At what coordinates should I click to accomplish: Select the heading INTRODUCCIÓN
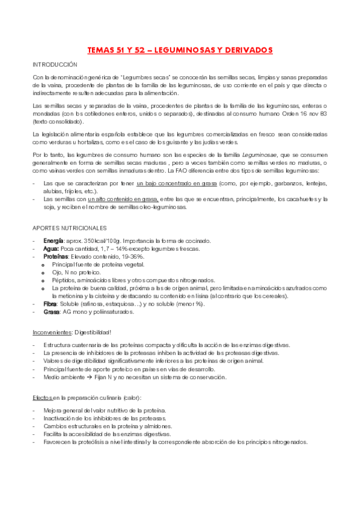(55, 63)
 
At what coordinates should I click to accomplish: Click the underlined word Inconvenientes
(50, 332)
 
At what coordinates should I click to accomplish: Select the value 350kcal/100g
(99, 241)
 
